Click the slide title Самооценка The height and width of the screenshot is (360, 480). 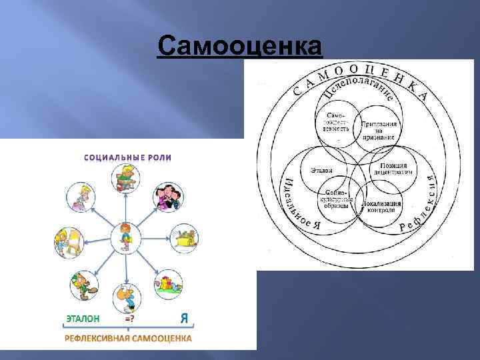[x=239, y=47]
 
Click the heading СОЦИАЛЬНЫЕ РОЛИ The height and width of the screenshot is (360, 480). [x=127, y=158]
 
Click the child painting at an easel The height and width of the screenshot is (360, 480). [x=68, y=242]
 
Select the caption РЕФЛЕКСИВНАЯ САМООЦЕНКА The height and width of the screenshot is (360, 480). [x=127, y=338]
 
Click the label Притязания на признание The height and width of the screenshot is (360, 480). [x=379, y=131]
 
